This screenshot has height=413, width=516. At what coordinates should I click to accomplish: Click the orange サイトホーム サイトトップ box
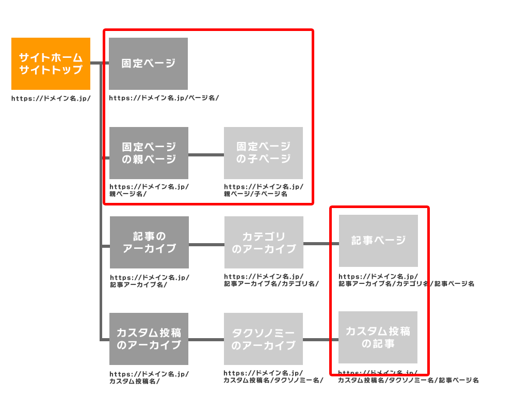point(51,63)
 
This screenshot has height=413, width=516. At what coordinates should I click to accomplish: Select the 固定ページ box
point(148,63)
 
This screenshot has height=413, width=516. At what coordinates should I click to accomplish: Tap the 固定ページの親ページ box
point(149,153)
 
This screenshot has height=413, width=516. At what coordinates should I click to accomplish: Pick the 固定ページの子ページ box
point(263,153)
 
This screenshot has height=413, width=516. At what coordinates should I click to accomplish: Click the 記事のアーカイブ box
point(149,242)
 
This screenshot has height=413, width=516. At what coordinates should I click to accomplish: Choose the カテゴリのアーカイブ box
point(264,242)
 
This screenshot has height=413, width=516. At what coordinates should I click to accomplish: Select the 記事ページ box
point(378,241)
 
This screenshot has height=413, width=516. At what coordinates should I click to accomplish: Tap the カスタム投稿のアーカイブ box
point(149,339)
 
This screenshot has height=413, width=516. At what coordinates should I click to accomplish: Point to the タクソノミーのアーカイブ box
point(263,339)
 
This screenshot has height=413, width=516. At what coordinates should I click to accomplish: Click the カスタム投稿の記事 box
point(378,337)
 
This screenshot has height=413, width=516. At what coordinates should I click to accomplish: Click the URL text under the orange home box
point(51,98)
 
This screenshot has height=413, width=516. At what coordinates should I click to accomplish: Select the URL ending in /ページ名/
point(164,98)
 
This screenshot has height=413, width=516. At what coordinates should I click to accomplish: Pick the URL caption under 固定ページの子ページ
point(263,190)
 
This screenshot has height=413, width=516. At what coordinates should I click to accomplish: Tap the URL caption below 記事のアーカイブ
point(149,280)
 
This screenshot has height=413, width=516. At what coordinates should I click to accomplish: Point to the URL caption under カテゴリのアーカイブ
point(271,280)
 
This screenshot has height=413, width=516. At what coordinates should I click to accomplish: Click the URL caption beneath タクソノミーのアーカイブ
point(273,377)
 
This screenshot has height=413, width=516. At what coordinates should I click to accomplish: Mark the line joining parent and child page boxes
point(206,154)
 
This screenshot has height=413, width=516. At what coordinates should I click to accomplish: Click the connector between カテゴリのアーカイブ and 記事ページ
point(321,243)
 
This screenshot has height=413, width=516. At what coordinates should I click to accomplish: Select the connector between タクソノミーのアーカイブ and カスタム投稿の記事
point(320,340)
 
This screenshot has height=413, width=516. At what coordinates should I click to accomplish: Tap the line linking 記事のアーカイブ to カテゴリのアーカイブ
point(206,244)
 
